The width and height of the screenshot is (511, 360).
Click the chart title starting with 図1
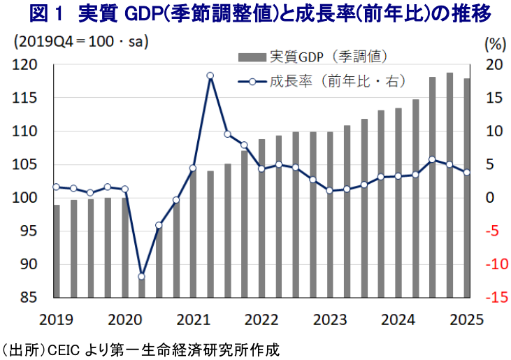coord(255,15)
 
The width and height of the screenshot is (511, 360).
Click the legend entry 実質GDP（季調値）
coord(329,55)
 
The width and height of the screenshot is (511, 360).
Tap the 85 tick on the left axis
coord(30,297)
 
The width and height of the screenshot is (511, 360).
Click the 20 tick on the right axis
coord(494,65)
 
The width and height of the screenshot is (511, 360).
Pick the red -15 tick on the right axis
coord(492,297)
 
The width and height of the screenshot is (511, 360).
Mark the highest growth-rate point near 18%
coord(210,75)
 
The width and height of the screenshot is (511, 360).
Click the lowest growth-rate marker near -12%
coord(142,276)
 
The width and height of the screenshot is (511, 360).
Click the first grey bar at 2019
coord(57,250)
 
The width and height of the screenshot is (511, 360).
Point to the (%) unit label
coord(494,43)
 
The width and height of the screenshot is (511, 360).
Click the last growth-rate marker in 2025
coord(467,173)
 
